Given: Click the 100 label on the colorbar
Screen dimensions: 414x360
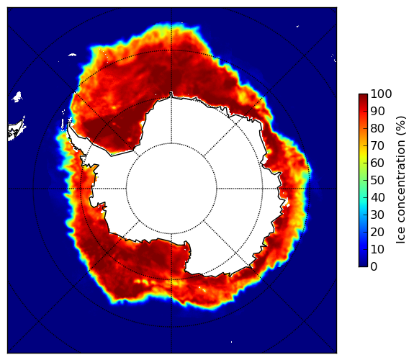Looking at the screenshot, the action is (381, 94).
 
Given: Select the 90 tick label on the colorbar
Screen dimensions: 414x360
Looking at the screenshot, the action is (377, 111).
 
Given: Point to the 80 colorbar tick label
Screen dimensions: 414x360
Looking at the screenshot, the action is (377, 128).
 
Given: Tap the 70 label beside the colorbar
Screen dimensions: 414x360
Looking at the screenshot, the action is (377, 145).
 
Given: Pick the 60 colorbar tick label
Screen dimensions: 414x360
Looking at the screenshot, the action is (377, 163).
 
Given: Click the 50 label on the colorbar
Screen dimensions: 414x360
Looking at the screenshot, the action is (377, 180).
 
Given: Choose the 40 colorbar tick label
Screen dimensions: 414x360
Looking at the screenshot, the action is (377, 197).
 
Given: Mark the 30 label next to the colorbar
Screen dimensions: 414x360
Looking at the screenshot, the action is (377, 215).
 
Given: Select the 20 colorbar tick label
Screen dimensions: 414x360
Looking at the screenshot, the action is (377, 232).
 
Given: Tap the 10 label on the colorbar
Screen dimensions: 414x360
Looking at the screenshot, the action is (377, 249).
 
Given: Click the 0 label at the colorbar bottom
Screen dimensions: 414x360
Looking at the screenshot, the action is (374, 266).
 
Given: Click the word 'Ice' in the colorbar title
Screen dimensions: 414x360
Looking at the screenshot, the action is (400, 237).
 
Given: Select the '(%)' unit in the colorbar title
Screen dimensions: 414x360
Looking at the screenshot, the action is (400, 126).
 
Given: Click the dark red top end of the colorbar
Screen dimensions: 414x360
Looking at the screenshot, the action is (363, 96).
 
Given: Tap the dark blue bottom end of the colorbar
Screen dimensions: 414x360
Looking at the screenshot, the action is (363, 265).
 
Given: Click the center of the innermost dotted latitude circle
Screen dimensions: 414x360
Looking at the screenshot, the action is (171, 189).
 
